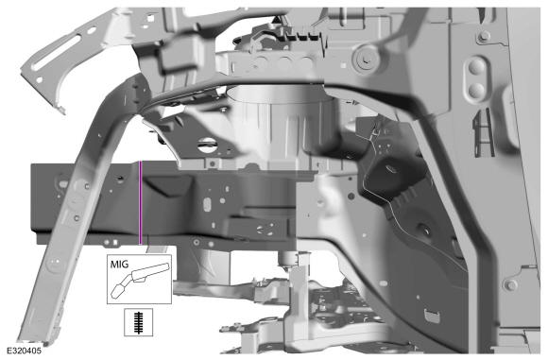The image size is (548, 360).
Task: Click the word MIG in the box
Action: point(120,264)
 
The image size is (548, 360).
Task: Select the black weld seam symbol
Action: point(139,322)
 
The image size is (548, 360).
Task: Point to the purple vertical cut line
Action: point(140,203)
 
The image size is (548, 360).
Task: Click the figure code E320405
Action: point(24,351)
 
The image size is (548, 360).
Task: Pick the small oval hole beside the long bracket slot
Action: point(92,30)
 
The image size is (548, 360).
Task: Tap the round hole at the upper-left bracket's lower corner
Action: point(39,80)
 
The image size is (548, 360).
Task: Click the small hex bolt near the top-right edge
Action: point(484,35)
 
